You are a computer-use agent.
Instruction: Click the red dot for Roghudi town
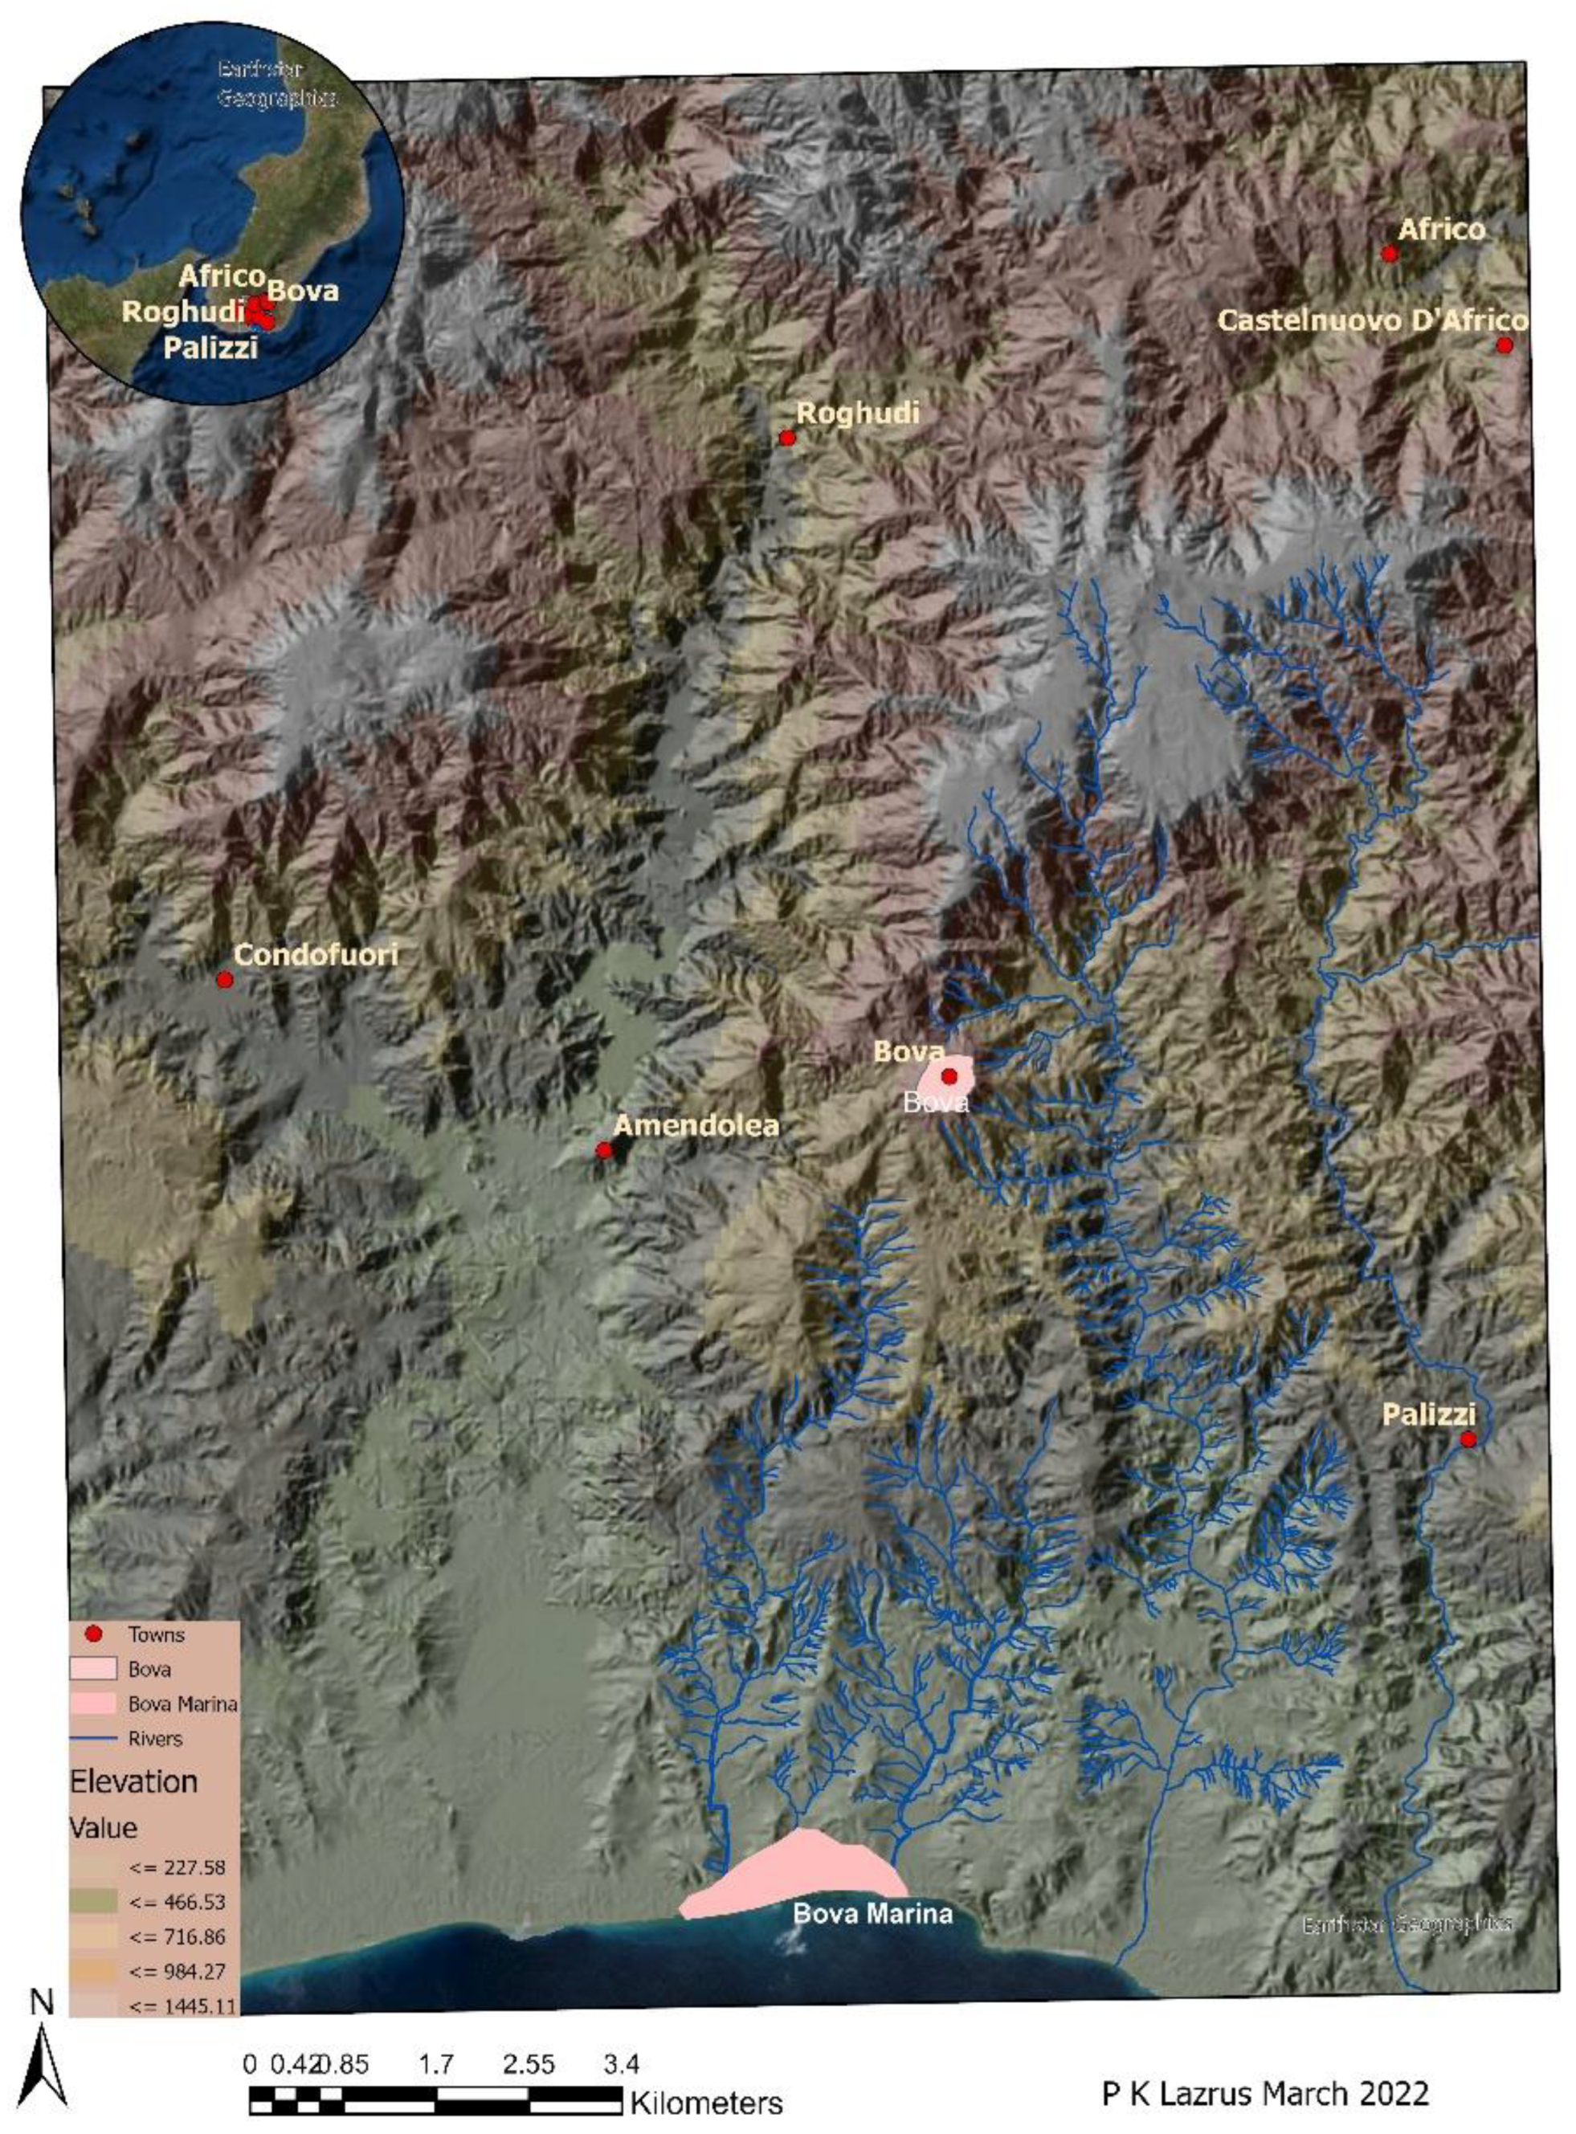[787, 438]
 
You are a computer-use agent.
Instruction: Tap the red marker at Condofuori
[224, 980]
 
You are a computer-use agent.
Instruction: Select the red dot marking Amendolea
[604, 1150]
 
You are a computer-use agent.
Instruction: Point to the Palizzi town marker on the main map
[1468, 1438]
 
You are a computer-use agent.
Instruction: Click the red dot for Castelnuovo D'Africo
[1505, 345]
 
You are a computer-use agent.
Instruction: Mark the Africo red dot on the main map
[1390, 254]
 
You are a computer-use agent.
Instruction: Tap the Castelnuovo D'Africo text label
[1372, 320]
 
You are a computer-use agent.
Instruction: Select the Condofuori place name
[316, 955]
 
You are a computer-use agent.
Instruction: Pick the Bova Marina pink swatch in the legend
[93, 1704]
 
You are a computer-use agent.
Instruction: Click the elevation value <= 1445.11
[184, 2006]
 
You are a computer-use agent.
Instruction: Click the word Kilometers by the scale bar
[706, 2103]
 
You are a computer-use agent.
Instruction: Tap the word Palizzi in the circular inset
[210, 347]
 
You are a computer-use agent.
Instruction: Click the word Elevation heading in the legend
[133, 1782]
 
